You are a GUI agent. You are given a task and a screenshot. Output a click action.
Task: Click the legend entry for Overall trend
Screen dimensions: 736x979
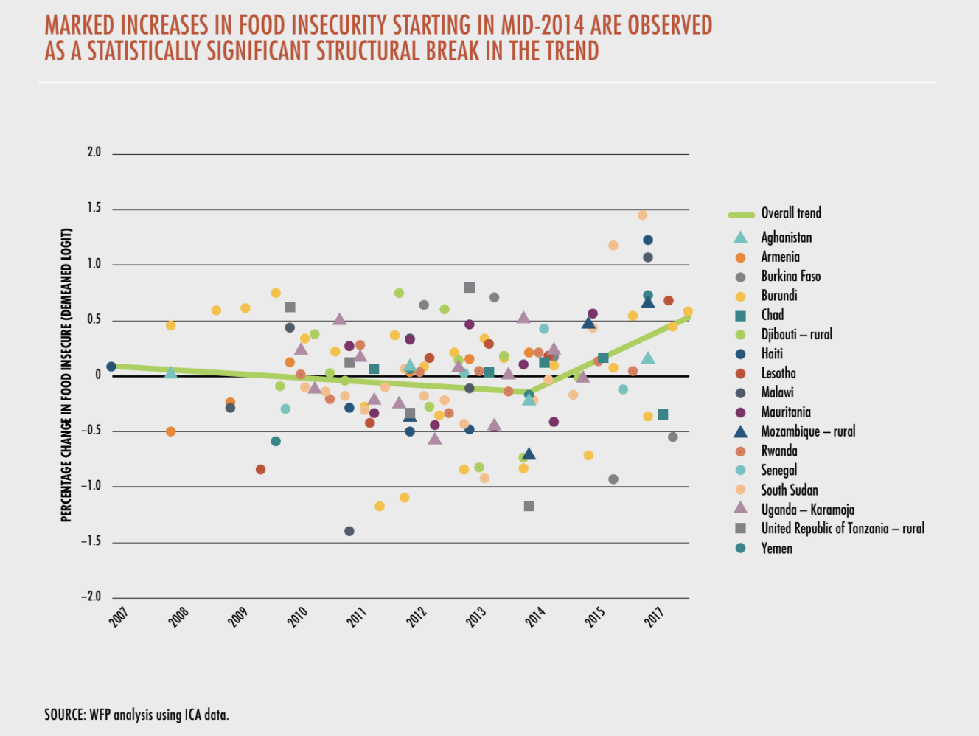tap(790, 213)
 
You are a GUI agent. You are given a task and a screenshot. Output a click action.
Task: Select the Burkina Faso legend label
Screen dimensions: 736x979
tap(790, 276)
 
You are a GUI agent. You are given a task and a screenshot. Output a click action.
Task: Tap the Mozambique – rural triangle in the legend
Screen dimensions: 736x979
tap(740, 431)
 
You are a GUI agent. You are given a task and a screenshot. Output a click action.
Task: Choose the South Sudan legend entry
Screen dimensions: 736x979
tap(789, 490)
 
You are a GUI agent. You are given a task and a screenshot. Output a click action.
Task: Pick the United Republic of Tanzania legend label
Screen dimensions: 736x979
tap(842, 528)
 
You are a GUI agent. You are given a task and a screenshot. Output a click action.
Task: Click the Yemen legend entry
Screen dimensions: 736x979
tap(776, 548)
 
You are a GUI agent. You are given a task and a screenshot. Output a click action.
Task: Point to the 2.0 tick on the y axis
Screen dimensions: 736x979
tap(94, 153)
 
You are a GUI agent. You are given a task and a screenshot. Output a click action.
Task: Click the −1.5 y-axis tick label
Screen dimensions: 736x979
tap(91, 541)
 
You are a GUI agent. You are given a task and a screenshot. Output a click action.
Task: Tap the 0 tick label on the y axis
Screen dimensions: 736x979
tap(97, 375)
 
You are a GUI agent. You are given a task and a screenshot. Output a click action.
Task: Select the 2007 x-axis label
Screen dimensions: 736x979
tap(118, 617)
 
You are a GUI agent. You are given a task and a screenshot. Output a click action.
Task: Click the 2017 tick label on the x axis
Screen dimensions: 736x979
tap(655, 617)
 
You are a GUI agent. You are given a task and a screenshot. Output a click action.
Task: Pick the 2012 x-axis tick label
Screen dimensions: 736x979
tap(417, 617)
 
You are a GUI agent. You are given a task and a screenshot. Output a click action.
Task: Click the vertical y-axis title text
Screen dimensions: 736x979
tap(66, 375)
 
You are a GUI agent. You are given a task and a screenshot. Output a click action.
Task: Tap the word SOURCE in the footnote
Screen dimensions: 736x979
tap(65, 715)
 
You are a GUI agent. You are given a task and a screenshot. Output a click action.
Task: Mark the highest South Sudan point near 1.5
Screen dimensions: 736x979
tap(642, 215)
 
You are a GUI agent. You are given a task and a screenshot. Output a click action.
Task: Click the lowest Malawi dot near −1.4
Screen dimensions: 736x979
tap(349, 531)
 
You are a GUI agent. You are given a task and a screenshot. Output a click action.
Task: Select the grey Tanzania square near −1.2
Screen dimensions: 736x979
tap(529, 506)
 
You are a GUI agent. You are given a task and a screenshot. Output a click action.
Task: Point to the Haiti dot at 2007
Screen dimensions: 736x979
tap(111, 367)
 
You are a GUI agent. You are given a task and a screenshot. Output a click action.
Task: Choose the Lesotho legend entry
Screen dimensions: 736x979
tap(778, 373)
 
